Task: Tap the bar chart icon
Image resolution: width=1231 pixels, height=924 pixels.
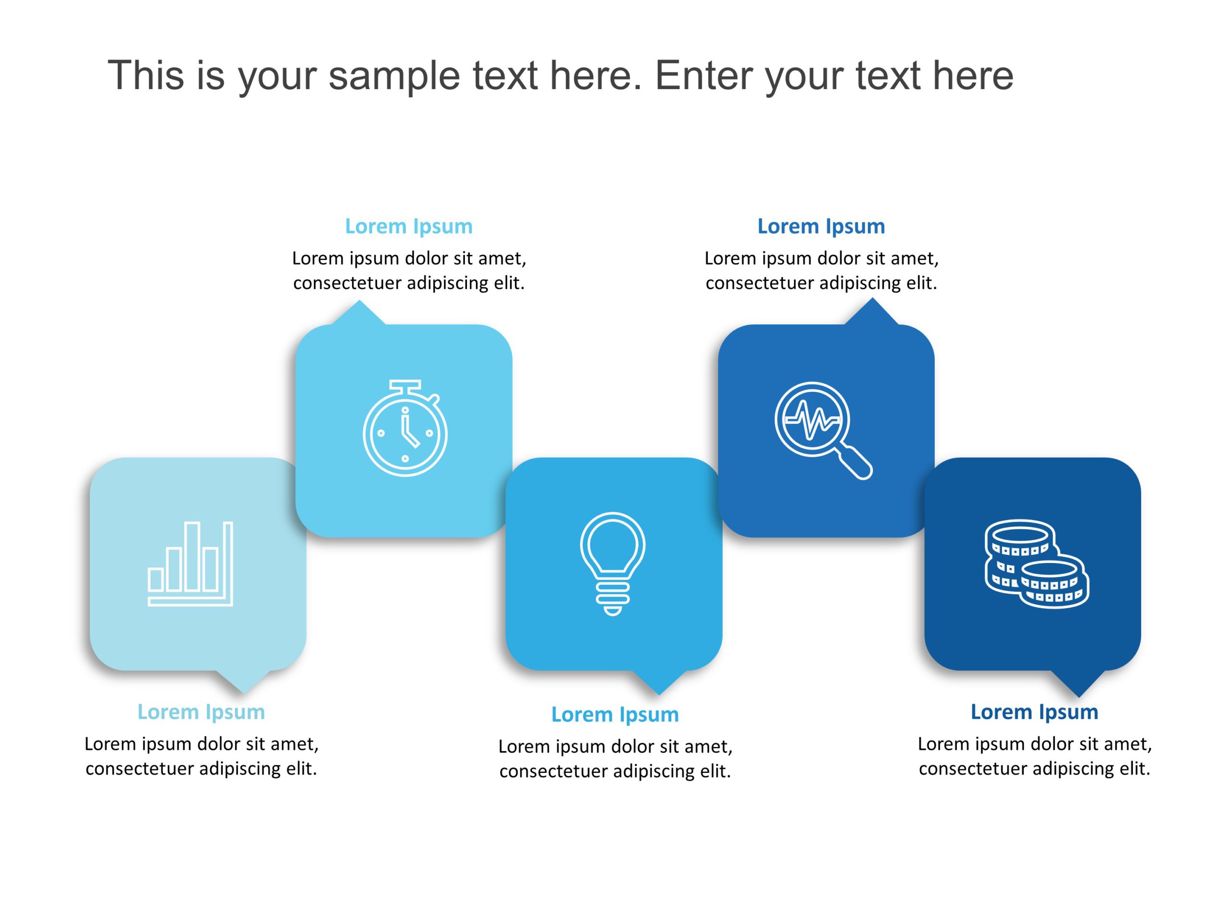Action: (x=190, y=563)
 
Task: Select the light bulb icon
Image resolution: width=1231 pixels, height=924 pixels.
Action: (x=613, y=563)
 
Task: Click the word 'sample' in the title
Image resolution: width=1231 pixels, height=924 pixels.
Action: (x=394, y=75)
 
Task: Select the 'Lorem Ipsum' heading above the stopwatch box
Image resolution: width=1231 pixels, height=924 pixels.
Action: (x=408, y=226)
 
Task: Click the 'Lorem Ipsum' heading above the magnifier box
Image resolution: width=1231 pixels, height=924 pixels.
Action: (x=821, y=226)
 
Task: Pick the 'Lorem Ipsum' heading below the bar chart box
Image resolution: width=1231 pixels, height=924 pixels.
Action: (x=201, y=712)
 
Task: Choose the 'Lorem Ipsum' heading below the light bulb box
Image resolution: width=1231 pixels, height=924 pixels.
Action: (x=615, y=714)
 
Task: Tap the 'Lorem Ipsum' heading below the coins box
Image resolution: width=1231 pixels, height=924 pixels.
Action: (x=1034, y=712)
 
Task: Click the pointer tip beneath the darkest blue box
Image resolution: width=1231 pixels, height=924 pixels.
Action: (x=1079, y=694)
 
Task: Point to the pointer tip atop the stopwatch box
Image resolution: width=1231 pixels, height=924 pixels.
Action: (x=359, y=304)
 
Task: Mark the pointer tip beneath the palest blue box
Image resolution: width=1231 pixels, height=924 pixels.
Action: (x=243, y=691)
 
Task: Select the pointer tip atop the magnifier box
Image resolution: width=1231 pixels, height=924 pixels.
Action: (x=872, y=301)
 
